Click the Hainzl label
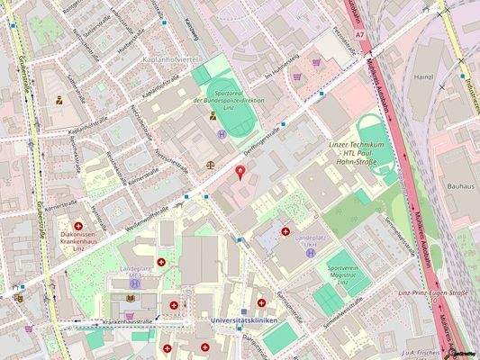(x=424, y=77)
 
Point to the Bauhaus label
(x=459, y=186)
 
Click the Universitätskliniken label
(x=241, y=320)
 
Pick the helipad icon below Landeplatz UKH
(x=310, y=253)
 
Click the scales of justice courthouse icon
(x=211, y=165)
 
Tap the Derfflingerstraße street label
(x=262, y=139)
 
